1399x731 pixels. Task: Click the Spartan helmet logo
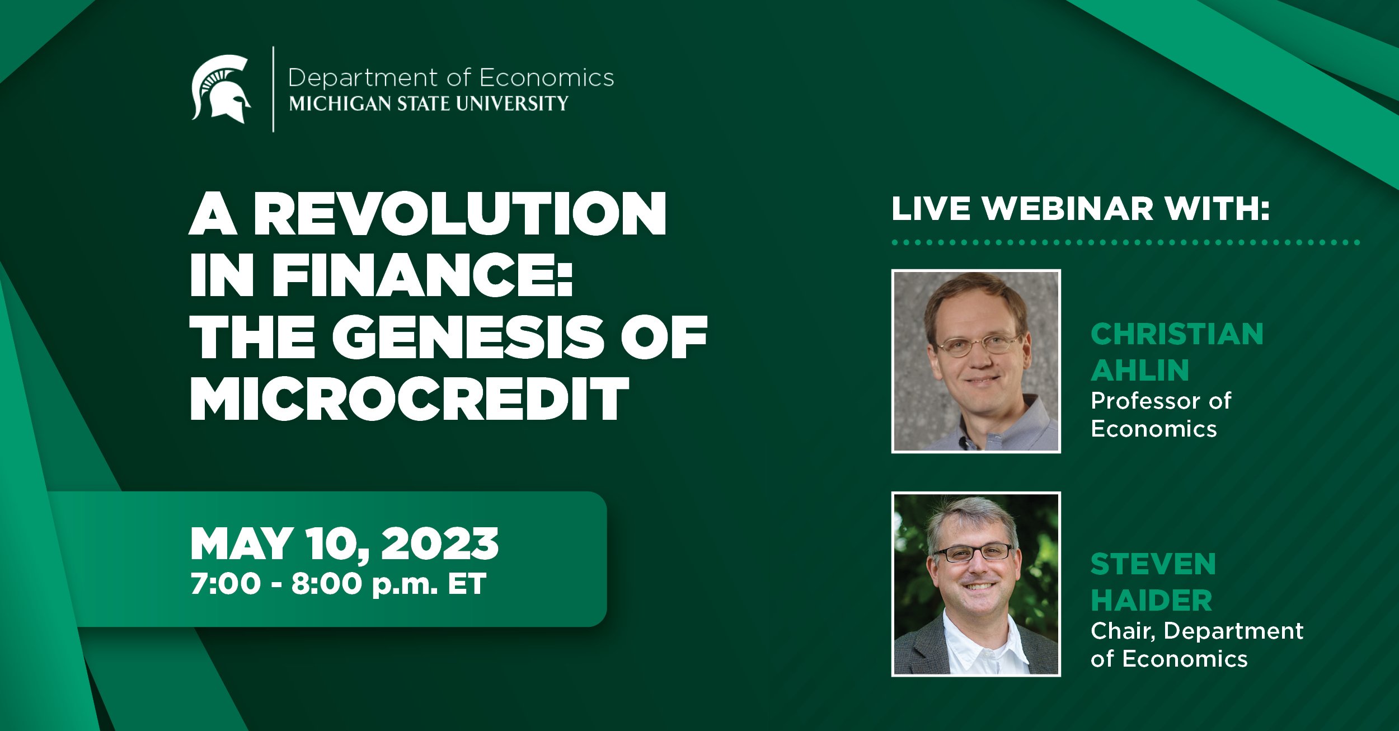(220, 89)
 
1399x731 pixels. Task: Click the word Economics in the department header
(547, 78)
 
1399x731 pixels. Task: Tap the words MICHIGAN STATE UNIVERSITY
(429, 104)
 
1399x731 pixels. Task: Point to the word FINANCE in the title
(422, 275)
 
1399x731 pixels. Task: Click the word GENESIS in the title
(468, 337)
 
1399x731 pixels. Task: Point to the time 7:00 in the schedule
(226, 584)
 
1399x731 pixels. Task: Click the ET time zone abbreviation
(467, 584)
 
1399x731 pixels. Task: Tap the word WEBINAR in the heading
(1068, 209)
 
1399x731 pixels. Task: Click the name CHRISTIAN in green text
(1177, 334)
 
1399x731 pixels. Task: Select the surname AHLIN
(1140, 371)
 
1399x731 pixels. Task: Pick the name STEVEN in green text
(1153, 564)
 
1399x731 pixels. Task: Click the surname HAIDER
(1152, 601)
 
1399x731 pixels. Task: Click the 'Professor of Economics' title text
(1161, 415)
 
